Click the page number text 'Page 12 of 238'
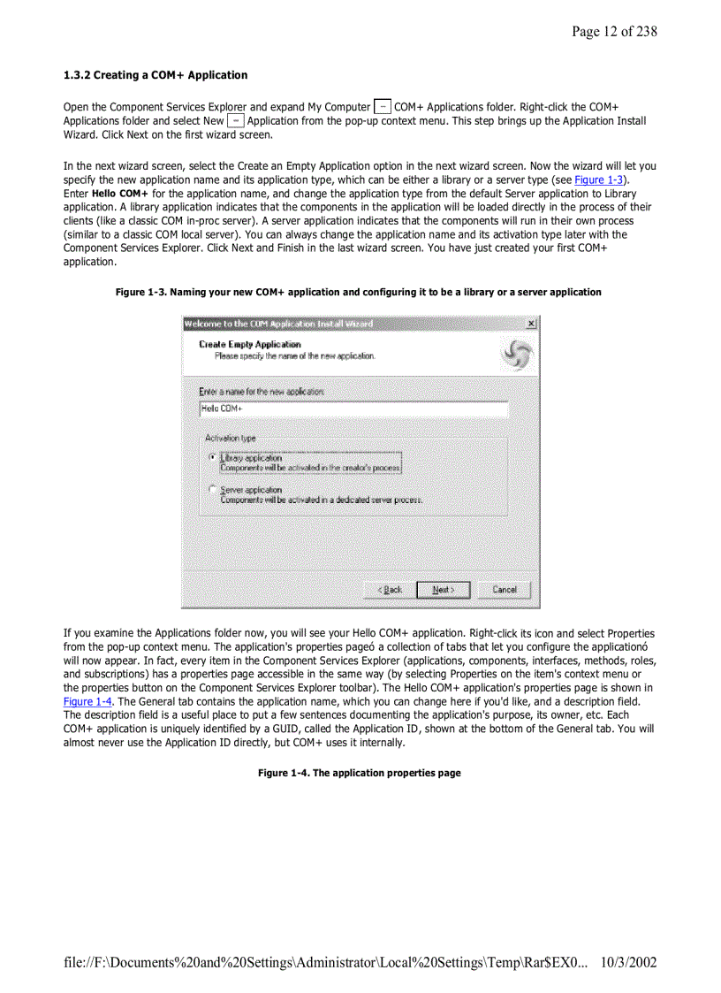pos(613,32)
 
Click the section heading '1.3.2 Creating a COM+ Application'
pos(156,75)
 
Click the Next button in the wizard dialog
pos(444,590)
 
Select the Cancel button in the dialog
pos(504,590)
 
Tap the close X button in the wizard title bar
pos(530,325)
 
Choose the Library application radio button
pos(212,458)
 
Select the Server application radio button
pos(212,489)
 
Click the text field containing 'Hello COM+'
pos(353,409)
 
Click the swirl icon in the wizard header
pos(516,355)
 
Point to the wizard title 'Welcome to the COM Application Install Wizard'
pos(278,325)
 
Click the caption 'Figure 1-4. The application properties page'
pos(359,773)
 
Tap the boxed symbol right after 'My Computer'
pos(383,107)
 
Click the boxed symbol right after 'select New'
pos(236,120)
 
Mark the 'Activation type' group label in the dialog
pos(231,438)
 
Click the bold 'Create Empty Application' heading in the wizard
pos(249,344)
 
